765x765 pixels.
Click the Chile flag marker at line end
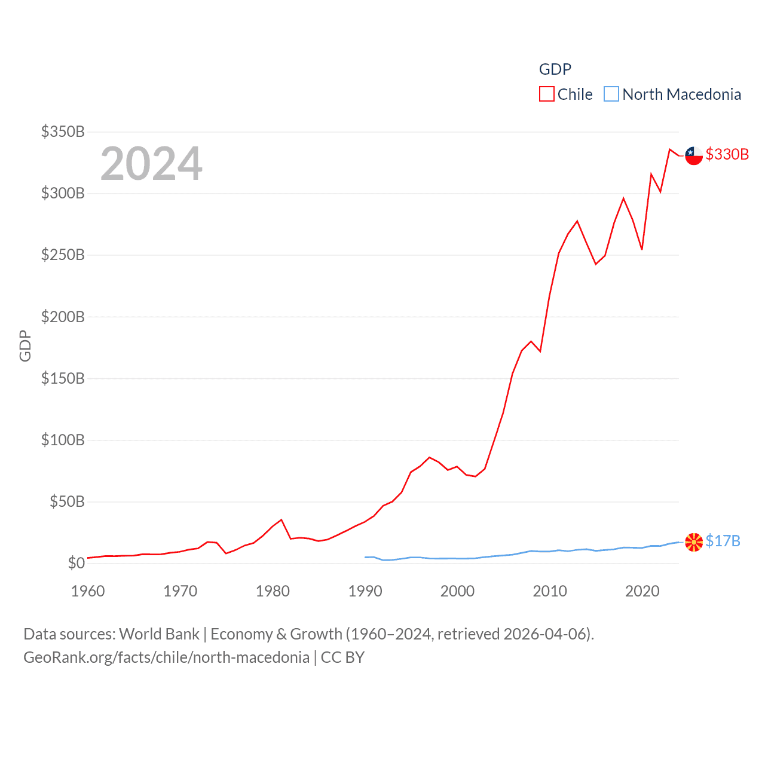(693, 155)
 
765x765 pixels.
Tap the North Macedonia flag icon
(693, 542)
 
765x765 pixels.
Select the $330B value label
(727, 154)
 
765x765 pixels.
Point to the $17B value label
(723, 541)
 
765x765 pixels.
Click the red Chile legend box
(546, 94)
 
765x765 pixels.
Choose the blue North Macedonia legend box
(611, 94)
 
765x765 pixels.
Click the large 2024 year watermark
(151, 164)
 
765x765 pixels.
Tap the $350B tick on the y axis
(63, 131)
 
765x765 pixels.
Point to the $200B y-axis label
(63, 317)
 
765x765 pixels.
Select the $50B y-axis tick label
(67, 501)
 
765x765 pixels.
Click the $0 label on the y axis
(76, 563)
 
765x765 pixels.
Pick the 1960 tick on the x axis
(88, 591)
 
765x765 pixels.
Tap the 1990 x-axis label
(365, 591)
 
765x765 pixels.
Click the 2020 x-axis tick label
(642, 591)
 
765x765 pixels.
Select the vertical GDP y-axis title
(25, 345)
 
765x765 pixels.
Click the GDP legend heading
(555, 69)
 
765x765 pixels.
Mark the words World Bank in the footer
(159, 634)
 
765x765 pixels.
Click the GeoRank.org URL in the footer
(166, 657)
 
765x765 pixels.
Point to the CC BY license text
(342, 657)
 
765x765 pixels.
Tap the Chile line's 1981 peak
(281, 520)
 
